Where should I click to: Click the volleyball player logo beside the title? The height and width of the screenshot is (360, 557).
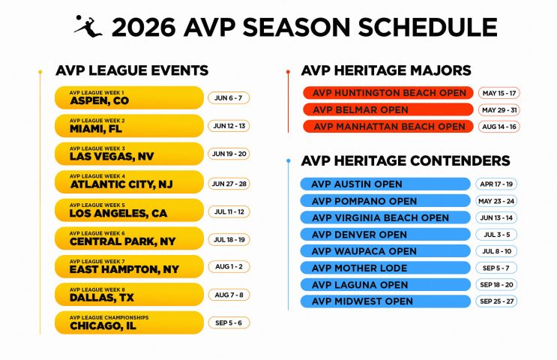[87, 25]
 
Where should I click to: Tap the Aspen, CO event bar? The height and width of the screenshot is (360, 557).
[129, 98]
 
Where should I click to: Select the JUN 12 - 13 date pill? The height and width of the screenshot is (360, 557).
[229, 126]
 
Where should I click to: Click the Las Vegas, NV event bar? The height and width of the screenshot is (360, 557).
[129, 154]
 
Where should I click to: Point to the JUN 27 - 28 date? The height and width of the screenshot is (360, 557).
[229, 182]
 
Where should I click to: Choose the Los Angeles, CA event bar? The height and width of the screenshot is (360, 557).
[129, 210]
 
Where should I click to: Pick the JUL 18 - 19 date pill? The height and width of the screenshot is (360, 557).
[229, 238]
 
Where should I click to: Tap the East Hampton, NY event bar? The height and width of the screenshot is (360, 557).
[129, 266]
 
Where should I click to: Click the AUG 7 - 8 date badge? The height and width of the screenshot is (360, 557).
[229, 295]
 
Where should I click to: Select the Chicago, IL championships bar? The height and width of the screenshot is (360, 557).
[129, 322]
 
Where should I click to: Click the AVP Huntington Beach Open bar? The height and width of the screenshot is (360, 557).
[388, 94]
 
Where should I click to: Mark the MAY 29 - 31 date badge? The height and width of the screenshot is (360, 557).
[499, 110]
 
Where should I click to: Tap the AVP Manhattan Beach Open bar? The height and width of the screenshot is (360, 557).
[388, 127]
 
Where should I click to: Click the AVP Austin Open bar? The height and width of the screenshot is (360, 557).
[385, 184]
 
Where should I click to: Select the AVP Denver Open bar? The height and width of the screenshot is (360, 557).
[385, 235]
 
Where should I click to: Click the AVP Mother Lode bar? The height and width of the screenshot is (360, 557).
[385, 268]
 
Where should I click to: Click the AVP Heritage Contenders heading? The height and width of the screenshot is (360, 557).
[405, 161]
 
